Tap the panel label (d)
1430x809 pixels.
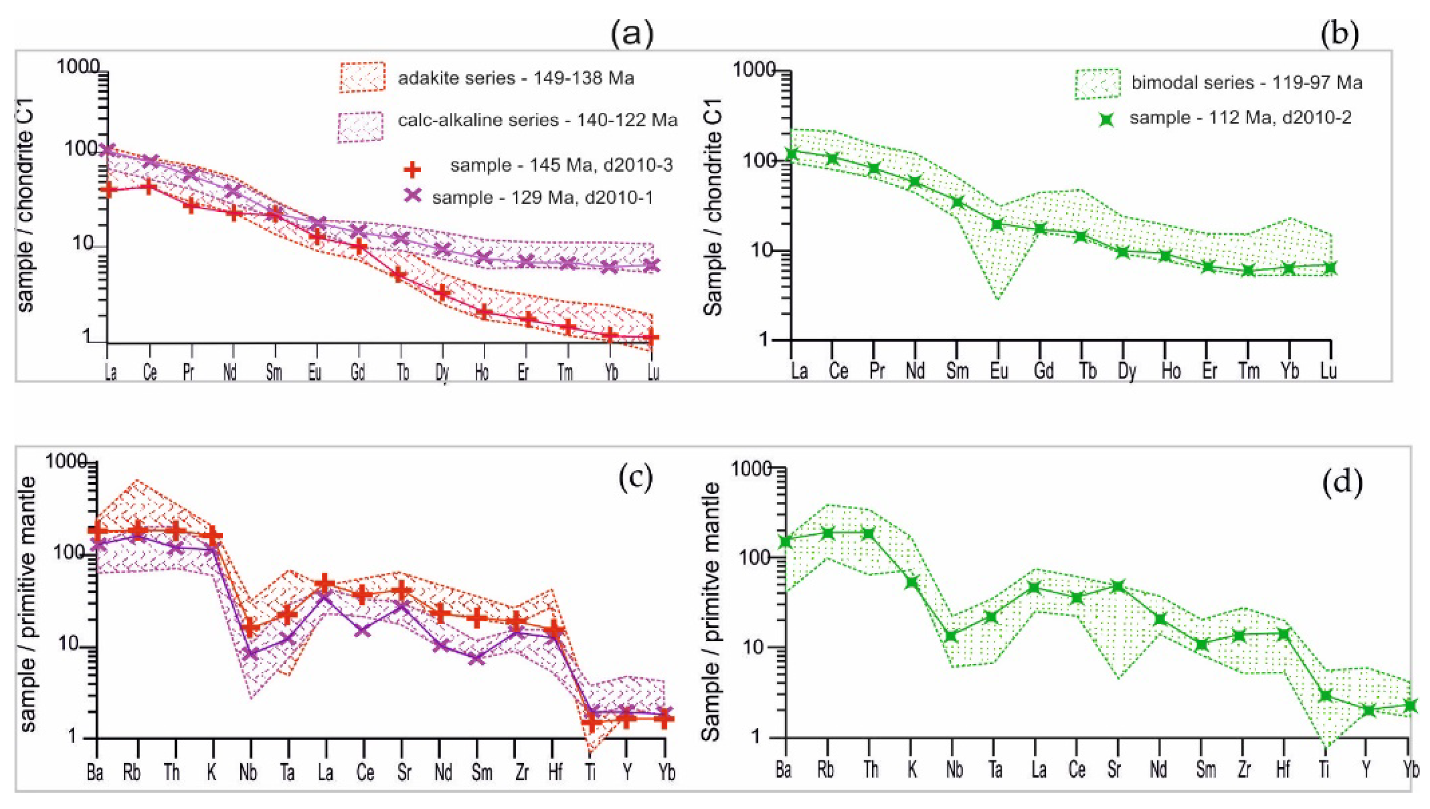tap(1342, 483)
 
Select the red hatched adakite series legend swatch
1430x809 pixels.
tap(361, 77)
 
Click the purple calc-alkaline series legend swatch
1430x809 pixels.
tap(360, 127)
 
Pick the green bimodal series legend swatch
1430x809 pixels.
tap(1097, 84)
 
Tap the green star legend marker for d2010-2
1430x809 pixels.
tap(1107, 119)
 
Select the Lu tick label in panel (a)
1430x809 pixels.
tap(653, 372)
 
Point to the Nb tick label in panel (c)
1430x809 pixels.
tap(248, 772)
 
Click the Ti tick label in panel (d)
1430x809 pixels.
tap(1325, 770)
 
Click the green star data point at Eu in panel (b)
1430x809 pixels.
tap(998, 224)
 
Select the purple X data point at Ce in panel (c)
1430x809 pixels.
tap(363, 631)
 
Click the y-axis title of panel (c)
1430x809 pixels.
tap(27, 603)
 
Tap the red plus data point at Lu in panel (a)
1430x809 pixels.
tap(652, 337)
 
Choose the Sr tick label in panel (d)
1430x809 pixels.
tap(1114, 770)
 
